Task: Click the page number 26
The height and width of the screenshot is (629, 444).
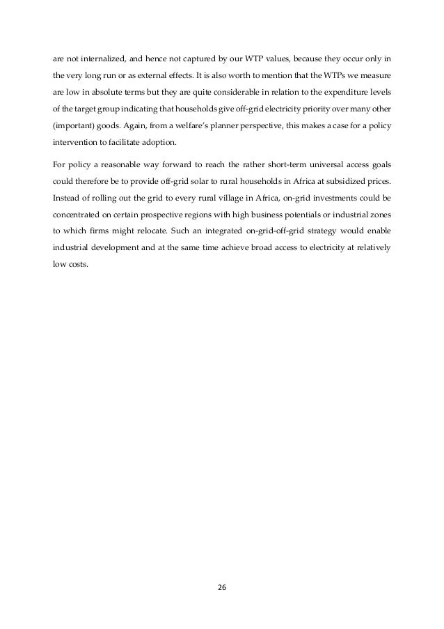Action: (x=223, y=587)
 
